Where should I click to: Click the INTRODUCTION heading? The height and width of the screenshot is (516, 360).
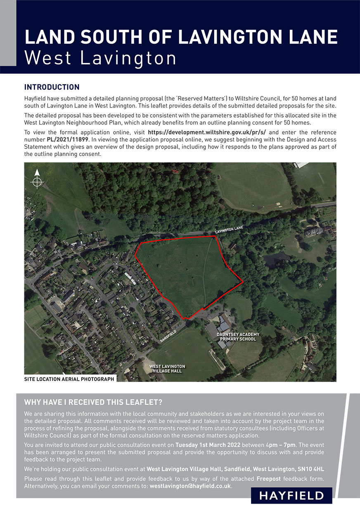pos(52,87)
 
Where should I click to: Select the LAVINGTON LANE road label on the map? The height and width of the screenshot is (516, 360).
pos(229,229)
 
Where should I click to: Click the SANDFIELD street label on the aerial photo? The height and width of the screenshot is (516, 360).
pos(168,336)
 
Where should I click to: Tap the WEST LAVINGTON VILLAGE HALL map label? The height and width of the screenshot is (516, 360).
pos(167,369)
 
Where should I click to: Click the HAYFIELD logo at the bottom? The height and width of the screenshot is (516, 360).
pos(291,495)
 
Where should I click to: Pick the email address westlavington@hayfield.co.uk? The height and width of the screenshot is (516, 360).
pos(190,486)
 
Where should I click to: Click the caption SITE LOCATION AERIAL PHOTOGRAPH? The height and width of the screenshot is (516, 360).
pos(69,379)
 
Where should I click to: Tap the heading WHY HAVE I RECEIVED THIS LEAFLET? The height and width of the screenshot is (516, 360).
pos(93,403)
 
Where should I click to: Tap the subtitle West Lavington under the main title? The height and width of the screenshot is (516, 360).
pos(100,58)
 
